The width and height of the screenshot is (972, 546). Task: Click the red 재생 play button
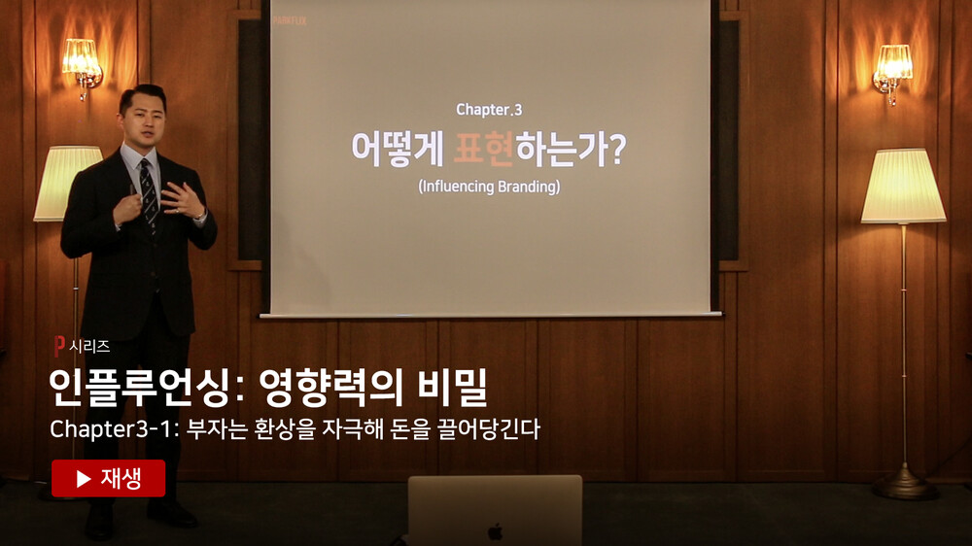(109, 478)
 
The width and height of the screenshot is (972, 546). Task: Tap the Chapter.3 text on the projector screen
(489, 110)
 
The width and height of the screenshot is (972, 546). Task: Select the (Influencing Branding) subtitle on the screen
(489, 187)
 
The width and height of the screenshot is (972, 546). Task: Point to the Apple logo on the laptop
(495, 531)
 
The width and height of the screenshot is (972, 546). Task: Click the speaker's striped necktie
(149, 192)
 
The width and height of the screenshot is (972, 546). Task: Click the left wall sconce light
(83, 65)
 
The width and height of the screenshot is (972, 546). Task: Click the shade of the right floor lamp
(903, 186)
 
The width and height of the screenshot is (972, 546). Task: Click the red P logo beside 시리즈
(59, 346)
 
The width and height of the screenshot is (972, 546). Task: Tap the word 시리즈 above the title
(89, 347)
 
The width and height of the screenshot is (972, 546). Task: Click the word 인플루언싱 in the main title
(142, 388)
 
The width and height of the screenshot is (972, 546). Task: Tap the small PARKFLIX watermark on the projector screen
(290, 20)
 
